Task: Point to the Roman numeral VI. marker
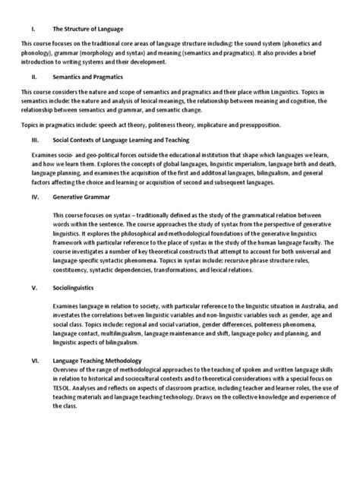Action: tap(27, 362)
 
